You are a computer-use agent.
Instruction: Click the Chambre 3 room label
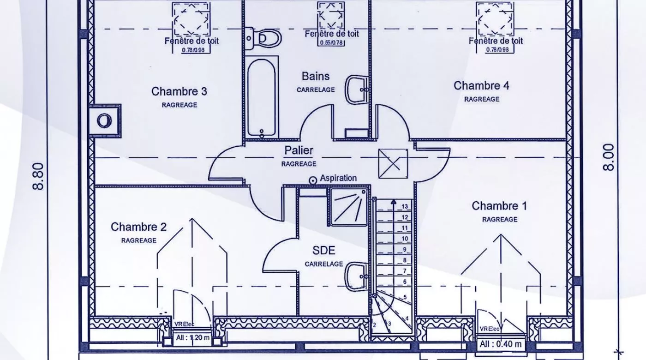[179, 91]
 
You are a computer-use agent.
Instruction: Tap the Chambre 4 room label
[481, 86]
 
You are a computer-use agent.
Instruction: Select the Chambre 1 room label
[499, 206]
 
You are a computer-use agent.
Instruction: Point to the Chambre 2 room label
[138, 227]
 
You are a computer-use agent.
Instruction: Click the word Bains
[316, 76]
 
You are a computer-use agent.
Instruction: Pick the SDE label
[323, 251]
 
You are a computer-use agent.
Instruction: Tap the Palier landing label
[299, 150]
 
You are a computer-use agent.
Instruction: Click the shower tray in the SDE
[349, 207]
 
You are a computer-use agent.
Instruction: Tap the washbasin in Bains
[357, 89]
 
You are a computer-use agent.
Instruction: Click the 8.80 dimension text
[38, 175]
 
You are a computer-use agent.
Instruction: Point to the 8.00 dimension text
[609, 157]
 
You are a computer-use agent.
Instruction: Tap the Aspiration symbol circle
[313, 180]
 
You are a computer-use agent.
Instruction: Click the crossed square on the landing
[393, 163]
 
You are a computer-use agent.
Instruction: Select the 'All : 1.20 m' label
[193, 338]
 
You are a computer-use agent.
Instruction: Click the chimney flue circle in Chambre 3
[104, 121]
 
